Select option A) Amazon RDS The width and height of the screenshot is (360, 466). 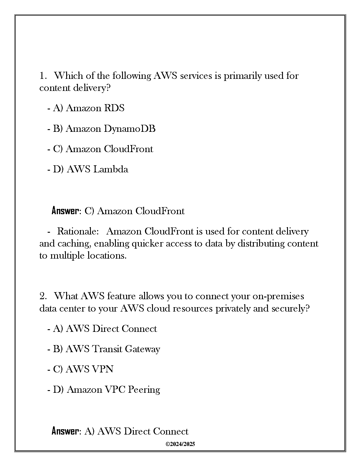click(89, 108)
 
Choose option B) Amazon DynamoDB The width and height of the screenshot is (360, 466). click(104, 129)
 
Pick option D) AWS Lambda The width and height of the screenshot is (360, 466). click(90, 169)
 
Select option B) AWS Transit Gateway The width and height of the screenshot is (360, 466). click(106, 349)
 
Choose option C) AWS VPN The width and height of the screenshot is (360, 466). click(83, 369)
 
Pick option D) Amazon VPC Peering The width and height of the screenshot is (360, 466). click(106, 390)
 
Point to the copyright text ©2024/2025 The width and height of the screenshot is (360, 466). click(180, 444)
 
